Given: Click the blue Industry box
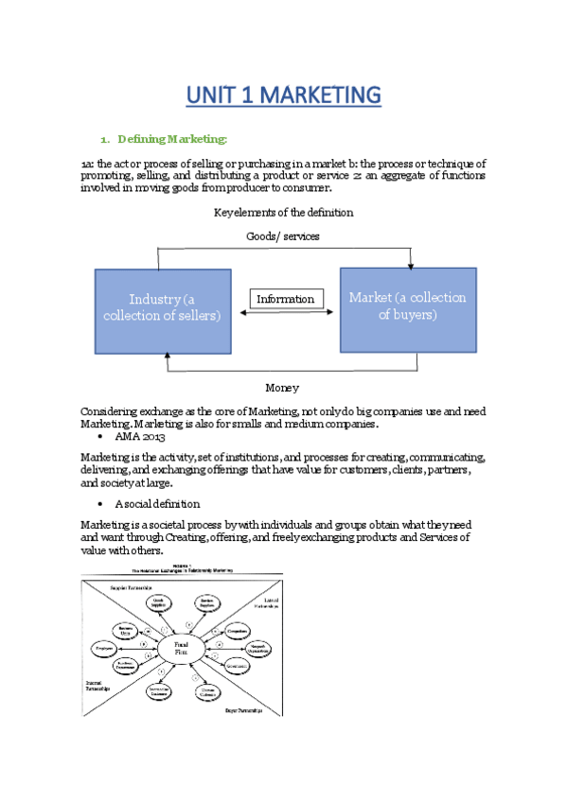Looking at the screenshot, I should click(162, 307).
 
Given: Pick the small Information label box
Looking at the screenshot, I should click(285, 299).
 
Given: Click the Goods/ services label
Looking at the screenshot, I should click(283, 236).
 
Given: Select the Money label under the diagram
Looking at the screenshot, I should click(282, 387).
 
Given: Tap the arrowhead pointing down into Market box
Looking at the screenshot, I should click(409, 264).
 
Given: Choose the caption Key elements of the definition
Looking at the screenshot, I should click(283, 212).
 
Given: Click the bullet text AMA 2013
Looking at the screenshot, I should click(139, 440).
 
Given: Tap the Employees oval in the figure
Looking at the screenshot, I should click(102, 649).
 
